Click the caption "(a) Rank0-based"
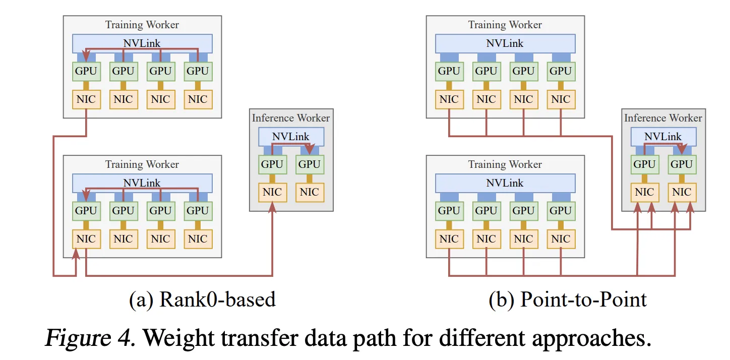pyautogui.click(x=203, y=299)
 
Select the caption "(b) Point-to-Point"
pyautogui.click(x=568, y=299)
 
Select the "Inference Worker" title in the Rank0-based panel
pyautogui.click(x=291, y=118)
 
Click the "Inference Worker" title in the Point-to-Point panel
pyautogui.click(x=663, y=118)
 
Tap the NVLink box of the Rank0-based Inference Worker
pyautogui.click(x=291, y=137)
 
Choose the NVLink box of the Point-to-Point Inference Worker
pyautogui.click(x=663, y=137)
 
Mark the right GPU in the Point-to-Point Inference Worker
pyautogui.click(x=682, y=164)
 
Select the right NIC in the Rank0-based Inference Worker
pyautogui.click(x=310, y=192)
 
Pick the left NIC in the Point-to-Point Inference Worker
pyautogui.click(x=644, y=192)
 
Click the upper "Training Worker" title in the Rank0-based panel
pyautogui.click(x=142, y=25)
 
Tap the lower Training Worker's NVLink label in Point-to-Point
pyautogui.click(x=505, y=183)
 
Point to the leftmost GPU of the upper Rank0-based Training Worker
pyautogui.click(x=86, y=71)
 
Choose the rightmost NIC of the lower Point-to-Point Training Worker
pyautogui.click(x=561, y=239)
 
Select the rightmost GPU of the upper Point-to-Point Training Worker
pyautogui.click(x=561, y=71)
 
